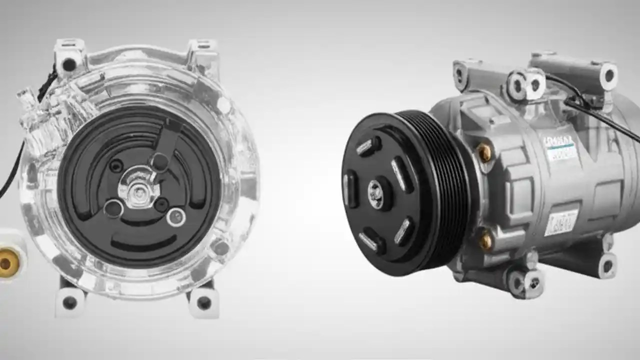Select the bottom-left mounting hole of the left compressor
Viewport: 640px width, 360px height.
70,302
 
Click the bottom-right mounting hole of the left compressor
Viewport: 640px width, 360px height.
204,302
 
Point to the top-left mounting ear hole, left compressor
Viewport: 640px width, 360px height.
69,64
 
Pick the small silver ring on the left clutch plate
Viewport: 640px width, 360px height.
176,217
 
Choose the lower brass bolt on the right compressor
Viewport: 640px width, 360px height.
485,241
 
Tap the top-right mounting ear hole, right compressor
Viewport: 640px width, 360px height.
608,75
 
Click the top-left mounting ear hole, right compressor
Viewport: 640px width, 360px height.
459,72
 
